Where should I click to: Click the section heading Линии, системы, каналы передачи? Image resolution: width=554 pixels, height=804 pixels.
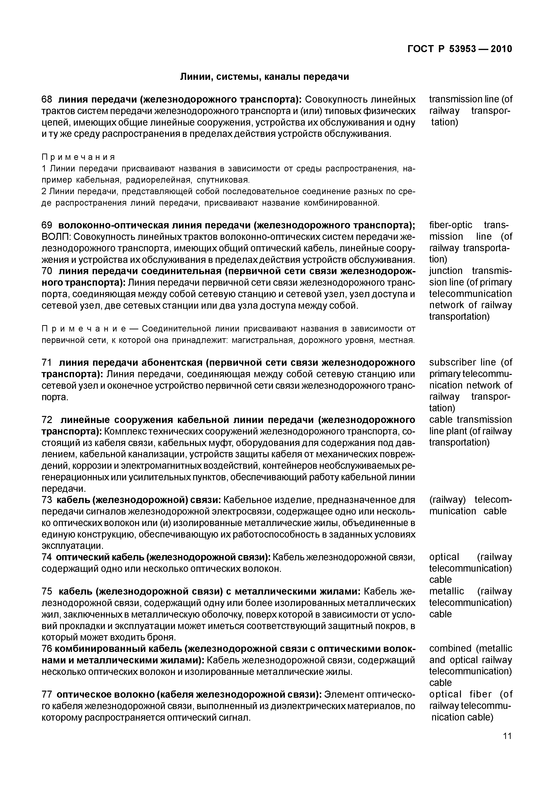[264, 77]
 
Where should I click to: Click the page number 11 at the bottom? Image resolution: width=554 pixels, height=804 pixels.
[507, 736]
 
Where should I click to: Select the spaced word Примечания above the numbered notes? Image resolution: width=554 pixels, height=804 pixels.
[78, 157]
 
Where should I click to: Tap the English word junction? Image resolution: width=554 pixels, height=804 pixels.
[446, 271]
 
